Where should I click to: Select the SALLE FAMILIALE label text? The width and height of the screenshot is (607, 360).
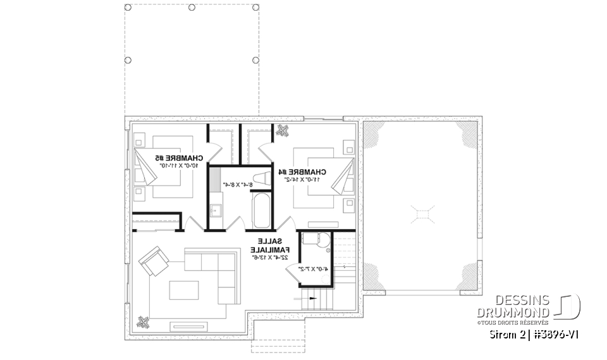pos(273,245)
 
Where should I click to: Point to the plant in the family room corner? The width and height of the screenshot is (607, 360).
pos(144,321)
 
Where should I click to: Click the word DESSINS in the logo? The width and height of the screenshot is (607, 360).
pos(514,301)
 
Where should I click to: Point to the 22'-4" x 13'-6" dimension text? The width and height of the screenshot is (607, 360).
pos(273,258)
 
